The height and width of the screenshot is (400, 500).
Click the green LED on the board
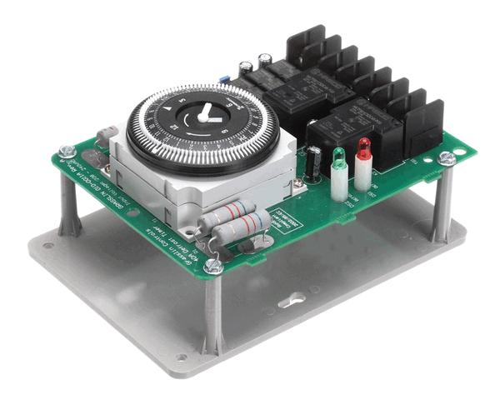[338, 156]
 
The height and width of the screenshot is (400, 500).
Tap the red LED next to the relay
[364, 147]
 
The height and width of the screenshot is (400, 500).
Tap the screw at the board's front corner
[213, 266]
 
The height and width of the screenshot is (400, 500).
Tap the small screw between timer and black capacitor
[298, 182]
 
